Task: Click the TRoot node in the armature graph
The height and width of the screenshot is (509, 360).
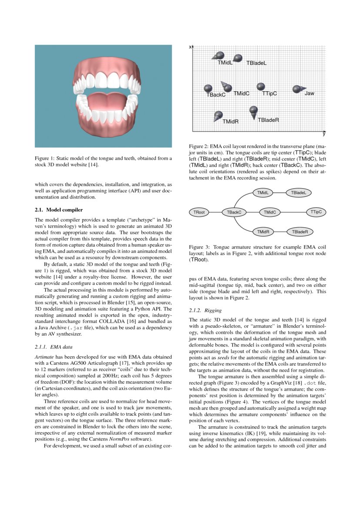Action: coord(199,212)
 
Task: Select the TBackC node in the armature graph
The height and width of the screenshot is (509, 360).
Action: coord(234,212)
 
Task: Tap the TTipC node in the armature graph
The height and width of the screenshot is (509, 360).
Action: coord(316,212)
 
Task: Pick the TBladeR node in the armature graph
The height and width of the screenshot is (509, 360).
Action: coord(300,232)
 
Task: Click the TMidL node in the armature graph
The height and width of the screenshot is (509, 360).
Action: coord(262,192)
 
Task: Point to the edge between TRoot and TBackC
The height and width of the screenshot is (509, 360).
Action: coord(215,212)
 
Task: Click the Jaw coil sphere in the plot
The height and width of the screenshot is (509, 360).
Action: coord(297,89)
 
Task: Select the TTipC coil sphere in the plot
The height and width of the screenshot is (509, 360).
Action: coord(261,87)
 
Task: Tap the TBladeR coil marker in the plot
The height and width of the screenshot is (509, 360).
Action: coord(253,111)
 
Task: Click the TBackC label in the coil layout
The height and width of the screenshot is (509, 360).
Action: coord(216,95)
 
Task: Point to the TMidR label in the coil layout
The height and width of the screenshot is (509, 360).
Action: coord(230,121)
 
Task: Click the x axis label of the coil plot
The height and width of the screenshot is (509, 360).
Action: coord(190,47)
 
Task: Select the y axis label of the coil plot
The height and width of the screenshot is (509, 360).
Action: coord(324,134)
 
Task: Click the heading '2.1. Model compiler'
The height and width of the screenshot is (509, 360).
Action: coord(59,210)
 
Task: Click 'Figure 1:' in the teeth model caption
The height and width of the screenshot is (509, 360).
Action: coord(45,158)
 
